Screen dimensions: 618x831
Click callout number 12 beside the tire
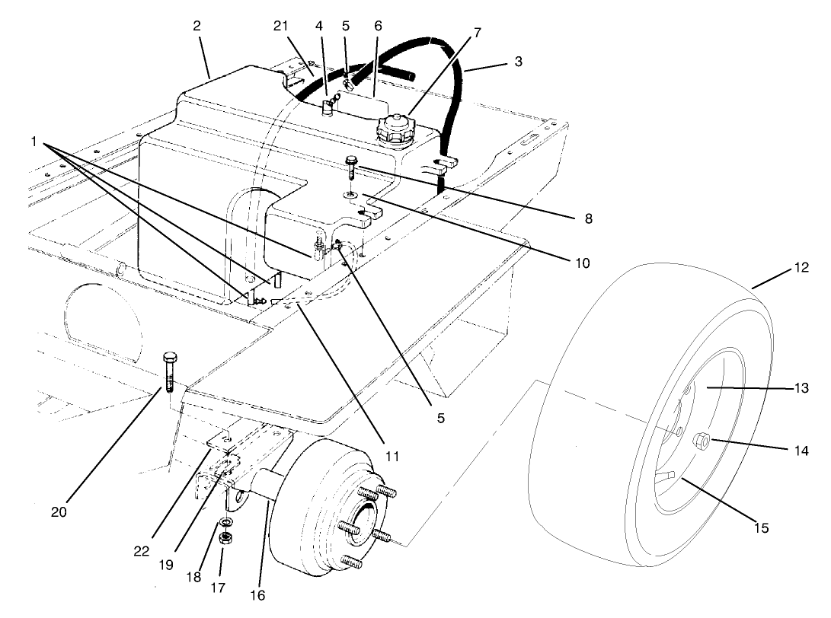(x=800, y=268)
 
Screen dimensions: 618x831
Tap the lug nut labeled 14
(x=702, y=441)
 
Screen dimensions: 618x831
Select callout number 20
(x=59, y=511)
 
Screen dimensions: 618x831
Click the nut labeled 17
(x=225, y=537)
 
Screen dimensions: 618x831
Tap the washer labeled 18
(x=226, y=524)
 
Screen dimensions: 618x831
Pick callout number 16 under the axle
(x=259, y=594)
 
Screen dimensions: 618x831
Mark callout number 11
(x=392, y=457)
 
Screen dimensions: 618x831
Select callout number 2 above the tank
(x=197, y=25)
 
